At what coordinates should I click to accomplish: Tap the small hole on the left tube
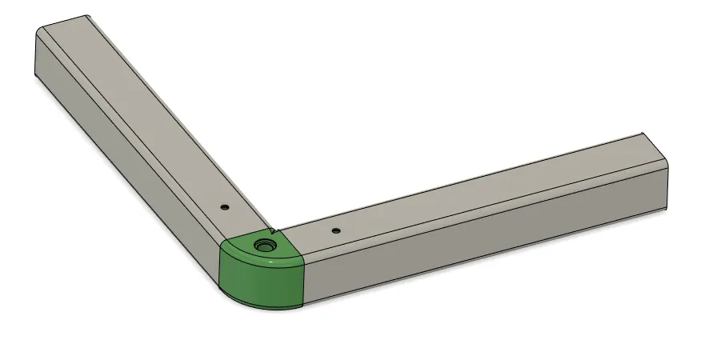click(x=225, y=206)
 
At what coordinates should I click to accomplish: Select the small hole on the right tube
click(x=335, y=230)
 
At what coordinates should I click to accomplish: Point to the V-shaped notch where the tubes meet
click(x=274, y=233)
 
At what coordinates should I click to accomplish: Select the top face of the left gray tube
click(x=144, y=112)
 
